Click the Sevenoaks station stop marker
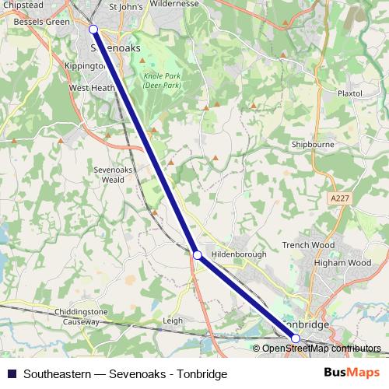(x=93, y=29)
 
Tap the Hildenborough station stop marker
(x=198, y=254)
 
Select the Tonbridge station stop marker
(x=296, y=338)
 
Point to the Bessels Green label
(x=42, y=22)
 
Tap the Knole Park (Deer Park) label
(x=162, y=80)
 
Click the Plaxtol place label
(x=350, y=93)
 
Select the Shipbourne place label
(x=311, y=145)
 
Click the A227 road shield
(x=339, y=198)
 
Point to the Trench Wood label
(x=308, y=245)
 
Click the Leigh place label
(x=173, y=320)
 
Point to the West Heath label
(x=92, y=89)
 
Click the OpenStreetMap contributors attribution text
(x=321, y=349)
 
